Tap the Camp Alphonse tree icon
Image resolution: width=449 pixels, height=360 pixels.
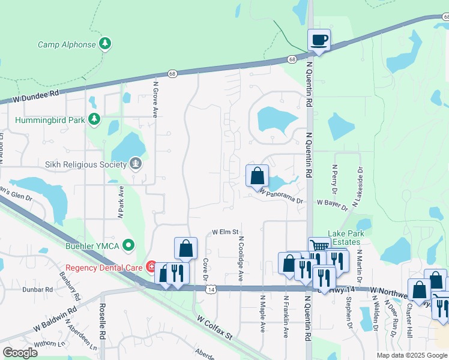[105, 44]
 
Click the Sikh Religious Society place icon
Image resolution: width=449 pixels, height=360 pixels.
[136, 164]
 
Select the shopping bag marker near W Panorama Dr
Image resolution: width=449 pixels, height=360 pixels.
[257, 176]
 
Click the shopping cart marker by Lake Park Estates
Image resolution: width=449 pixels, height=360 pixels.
[319, 247]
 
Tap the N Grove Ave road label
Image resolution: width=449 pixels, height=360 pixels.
[155, 100]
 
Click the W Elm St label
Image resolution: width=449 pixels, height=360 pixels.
[225, 232]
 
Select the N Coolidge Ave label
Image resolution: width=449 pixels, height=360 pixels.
[241, 259]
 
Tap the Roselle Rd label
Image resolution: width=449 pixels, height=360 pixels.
[103, 325]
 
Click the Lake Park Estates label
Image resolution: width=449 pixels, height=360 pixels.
[343, 238]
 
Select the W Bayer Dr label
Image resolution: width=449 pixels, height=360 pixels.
[333, 205]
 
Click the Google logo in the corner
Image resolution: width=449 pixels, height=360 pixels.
[20, 353]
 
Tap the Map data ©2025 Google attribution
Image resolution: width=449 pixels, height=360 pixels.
[412, 355]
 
